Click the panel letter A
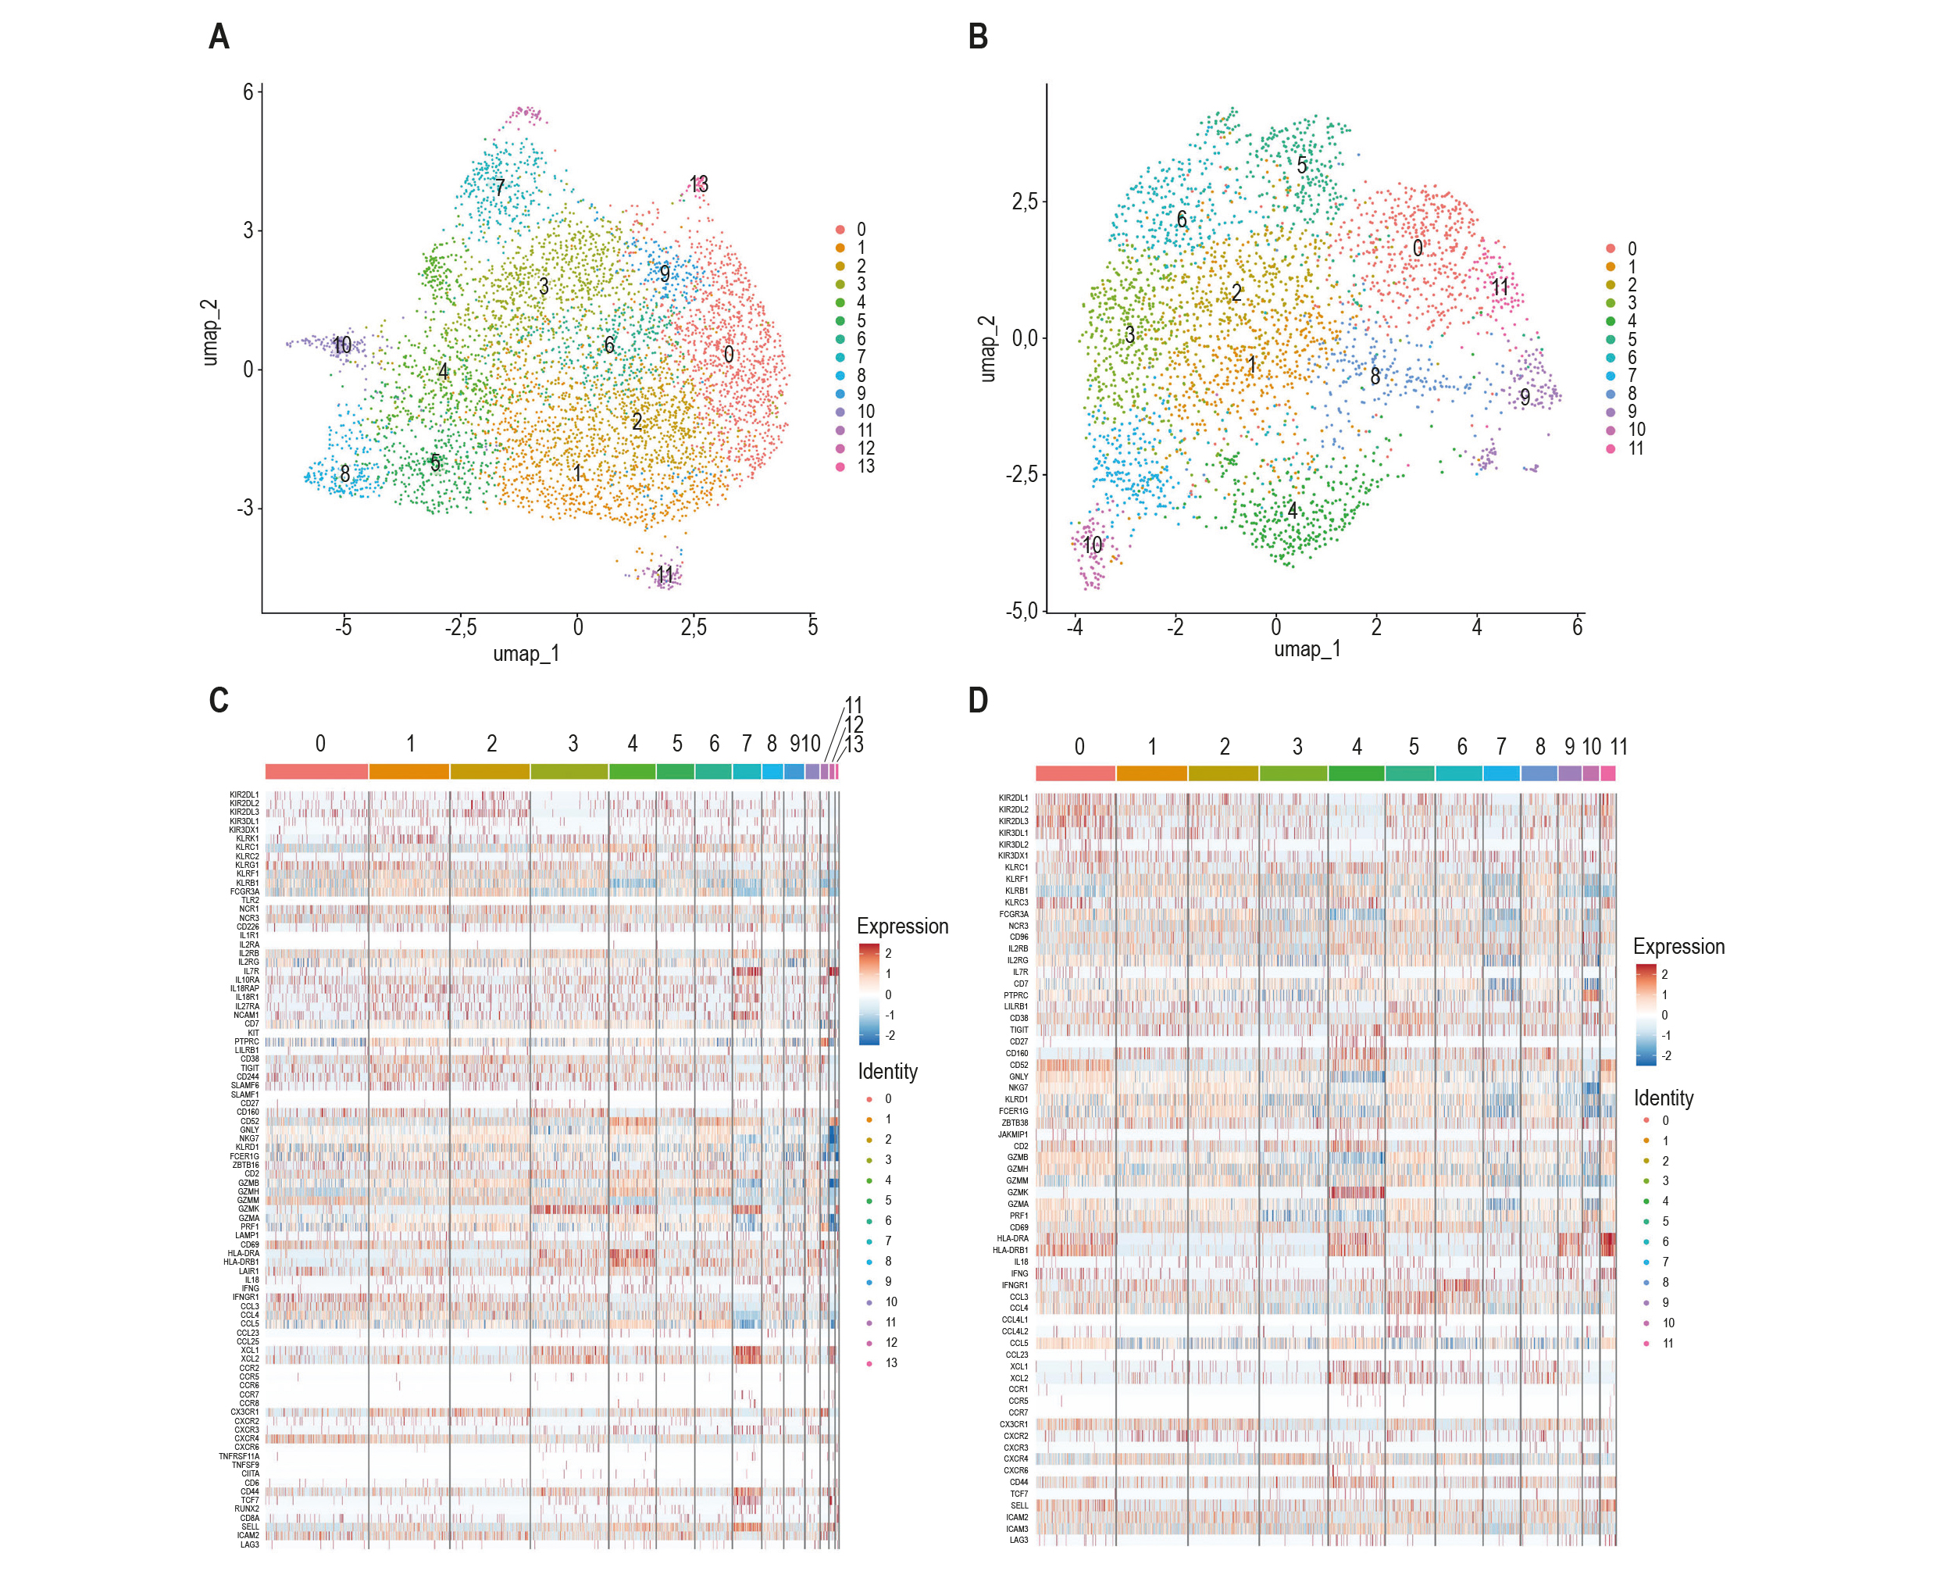[219, 37]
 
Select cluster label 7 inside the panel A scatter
[499, 187]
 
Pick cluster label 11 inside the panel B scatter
[1500, 287]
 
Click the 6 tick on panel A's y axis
[248, 91]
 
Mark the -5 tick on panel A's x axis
[343, 627]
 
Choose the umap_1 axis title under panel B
[1307, 649]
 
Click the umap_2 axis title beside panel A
[210, 332]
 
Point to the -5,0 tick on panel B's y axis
[1022, 611]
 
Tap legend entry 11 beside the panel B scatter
[1636, 448]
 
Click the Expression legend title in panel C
[902, 926]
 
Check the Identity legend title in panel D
[1663, 1098]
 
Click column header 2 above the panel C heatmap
[491, 744]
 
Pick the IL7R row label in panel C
[251, 971]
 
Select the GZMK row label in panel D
[1017, 1192]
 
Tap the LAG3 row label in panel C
[249, 1544]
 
